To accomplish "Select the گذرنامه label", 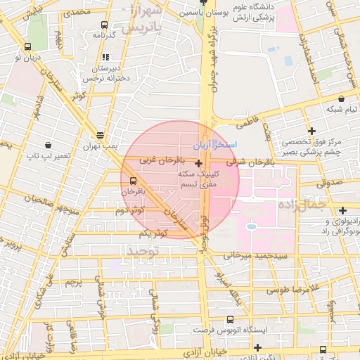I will click(x=112, y=35).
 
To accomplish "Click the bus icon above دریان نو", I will click(x=27, y=47).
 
